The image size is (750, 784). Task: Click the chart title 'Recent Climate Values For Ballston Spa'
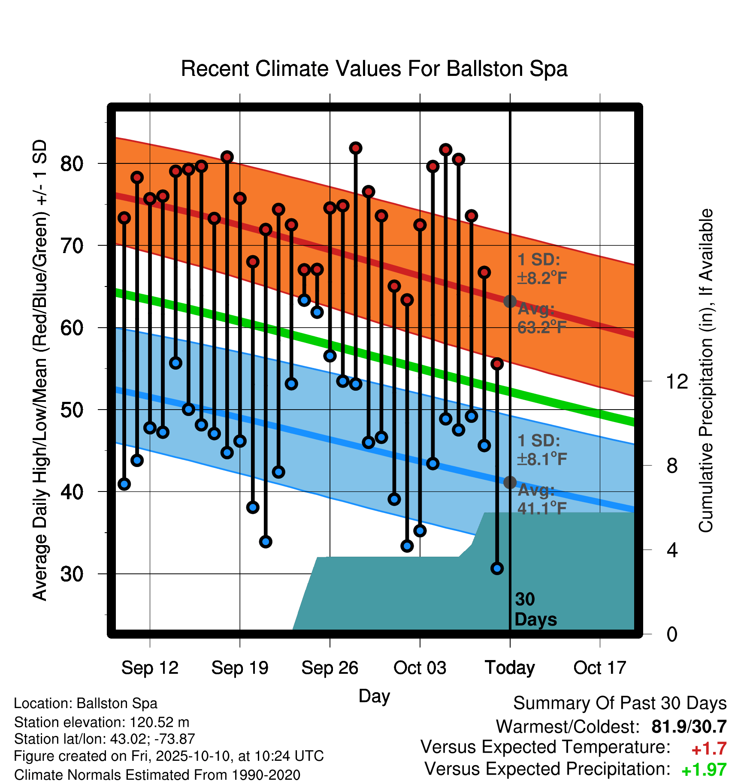coord(374,69)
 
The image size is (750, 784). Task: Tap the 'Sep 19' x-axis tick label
coord(240,668)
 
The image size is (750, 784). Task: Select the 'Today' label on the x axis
coord(510,668)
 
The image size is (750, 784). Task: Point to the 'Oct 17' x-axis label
coord(600,668)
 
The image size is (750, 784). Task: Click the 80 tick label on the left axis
coord(72,163)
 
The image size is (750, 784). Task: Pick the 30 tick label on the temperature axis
coord(72,574)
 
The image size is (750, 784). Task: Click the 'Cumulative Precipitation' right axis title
coord(706,371)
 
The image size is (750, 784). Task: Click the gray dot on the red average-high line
coord(510,302)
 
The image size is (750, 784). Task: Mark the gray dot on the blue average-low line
coord(510,482)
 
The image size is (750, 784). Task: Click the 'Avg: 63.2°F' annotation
coord(542,318)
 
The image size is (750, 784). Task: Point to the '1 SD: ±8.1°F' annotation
coord(542,450)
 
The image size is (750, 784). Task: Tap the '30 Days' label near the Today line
coord(535,609)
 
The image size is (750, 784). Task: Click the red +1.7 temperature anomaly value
coord(709,749)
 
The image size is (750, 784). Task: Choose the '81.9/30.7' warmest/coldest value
coord(689,727)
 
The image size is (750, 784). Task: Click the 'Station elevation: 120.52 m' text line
coord(102,722)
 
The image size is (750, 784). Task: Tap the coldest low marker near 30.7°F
coord(497,568)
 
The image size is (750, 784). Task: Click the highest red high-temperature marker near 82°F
coord(356,148)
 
